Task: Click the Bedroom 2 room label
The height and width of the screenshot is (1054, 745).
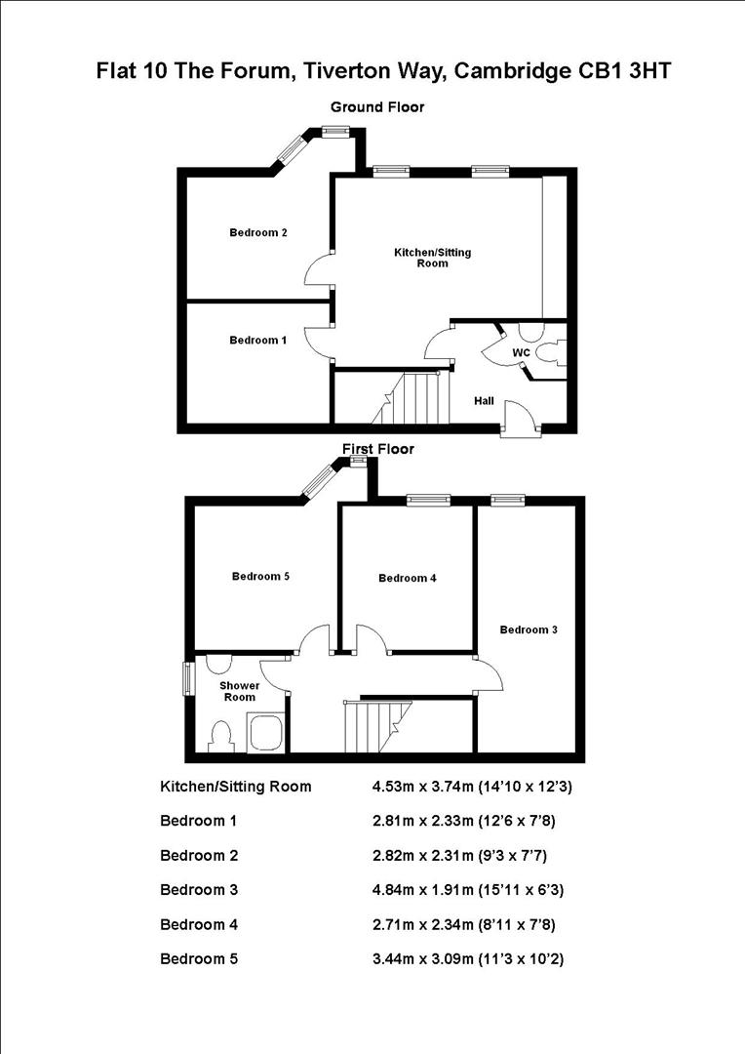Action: (257, 232)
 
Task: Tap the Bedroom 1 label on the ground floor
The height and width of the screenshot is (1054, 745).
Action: (257, 340)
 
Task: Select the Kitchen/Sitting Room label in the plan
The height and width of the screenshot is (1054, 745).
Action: (432, 258)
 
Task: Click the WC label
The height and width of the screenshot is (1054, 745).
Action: (521, 351)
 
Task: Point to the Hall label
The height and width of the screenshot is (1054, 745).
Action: (484, 401)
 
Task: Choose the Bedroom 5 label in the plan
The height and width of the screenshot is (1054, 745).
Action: (260, 576)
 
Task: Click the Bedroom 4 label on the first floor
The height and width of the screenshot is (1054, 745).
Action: (407, 578)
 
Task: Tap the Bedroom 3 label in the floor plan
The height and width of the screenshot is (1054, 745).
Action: (529, 629)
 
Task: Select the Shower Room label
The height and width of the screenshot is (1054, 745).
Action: (239, 691)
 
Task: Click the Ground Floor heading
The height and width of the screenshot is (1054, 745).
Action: (377, 107)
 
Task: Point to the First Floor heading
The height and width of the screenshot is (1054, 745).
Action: (377, 449)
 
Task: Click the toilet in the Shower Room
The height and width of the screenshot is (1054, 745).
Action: (221, 736)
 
